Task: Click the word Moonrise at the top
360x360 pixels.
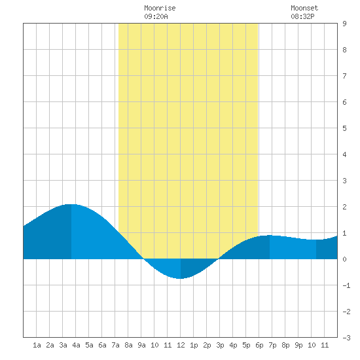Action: (x=160, y=8)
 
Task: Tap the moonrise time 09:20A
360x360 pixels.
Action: (x=156, y=16)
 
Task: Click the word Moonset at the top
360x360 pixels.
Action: (x=304, y=8)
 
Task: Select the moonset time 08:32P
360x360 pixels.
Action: (x=302, y=16)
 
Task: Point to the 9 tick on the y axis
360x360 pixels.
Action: (x=344, y=24)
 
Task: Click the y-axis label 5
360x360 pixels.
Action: (x=344, y=128)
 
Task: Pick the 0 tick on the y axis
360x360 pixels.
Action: (x=344, y=259)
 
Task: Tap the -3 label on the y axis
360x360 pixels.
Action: (x=346, y=338)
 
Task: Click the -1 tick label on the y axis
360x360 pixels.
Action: (x=346, y=285)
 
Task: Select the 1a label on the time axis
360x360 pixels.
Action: (x=37, y=345)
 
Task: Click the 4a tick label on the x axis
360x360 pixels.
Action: (x=76, y=345)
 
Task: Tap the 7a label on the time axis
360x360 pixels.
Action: (x=115, y=345)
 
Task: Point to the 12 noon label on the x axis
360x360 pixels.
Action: (x=181, y=345)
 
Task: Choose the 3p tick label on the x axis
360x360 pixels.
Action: (x=220, y=345)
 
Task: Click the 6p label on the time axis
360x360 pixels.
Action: (x=259, y=345)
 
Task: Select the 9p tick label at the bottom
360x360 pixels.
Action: (x=298, y=345)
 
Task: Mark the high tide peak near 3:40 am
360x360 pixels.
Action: (x=71, y=204)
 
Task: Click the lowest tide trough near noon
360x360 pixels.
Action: (x=181, y=278)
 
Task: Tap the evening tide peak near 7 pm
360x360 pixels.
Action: (x=270, y=236)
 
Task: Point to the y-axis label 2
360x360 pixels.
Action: (x=344, y=207)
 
